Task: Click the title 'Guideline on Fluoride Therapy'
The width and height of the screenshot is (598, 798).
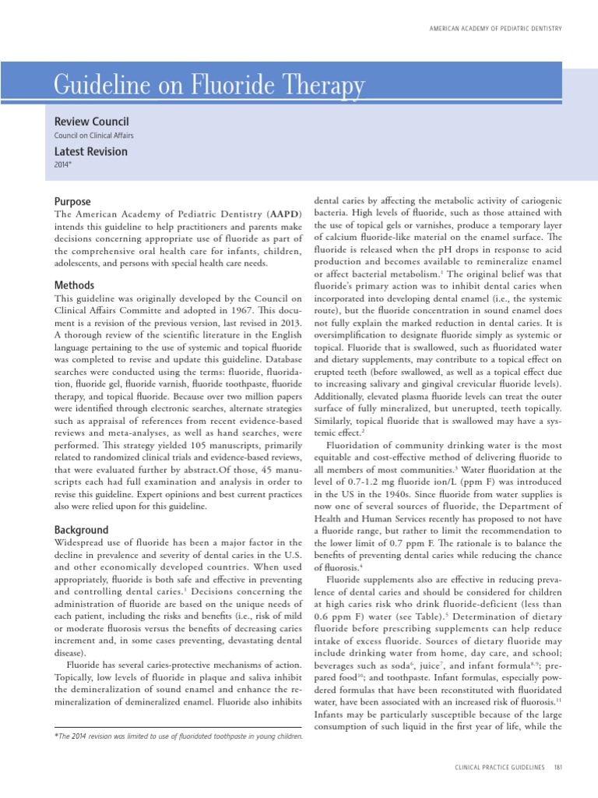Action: pyautogui.click(x=209, y=85)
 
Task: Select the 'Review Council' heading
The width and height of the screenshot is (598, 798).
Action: pyautogui.click(x=91, y=122)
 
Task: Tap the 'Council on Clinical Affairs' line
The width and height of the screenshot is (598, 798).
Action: pyautogui.click(x=93, y=136)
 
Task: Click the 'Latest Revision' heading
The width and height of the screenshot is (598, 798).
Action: pyautogui.click(x=90, y=152)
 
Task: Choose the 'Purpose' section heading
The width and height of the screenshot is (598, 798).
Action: pyautogui.click(x=72, y=201)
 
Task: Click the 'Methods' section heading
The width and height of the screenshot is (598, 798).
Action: pyautogui.click(x=74, y=285)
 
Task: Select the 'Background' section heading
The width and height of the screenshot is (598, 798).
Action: pyautogui.click(x=81, y=529)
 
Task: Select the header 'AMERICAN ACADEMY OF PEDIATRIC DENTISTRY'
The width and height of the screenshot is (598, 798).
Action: pyautogui.click(x=494, y=29)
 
